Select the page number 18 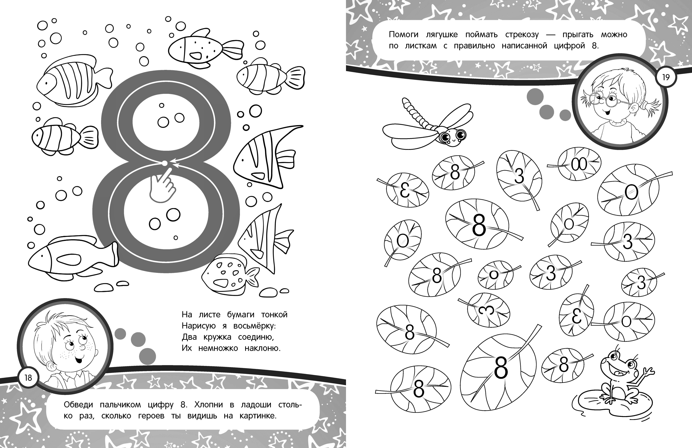pos(28,378)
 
